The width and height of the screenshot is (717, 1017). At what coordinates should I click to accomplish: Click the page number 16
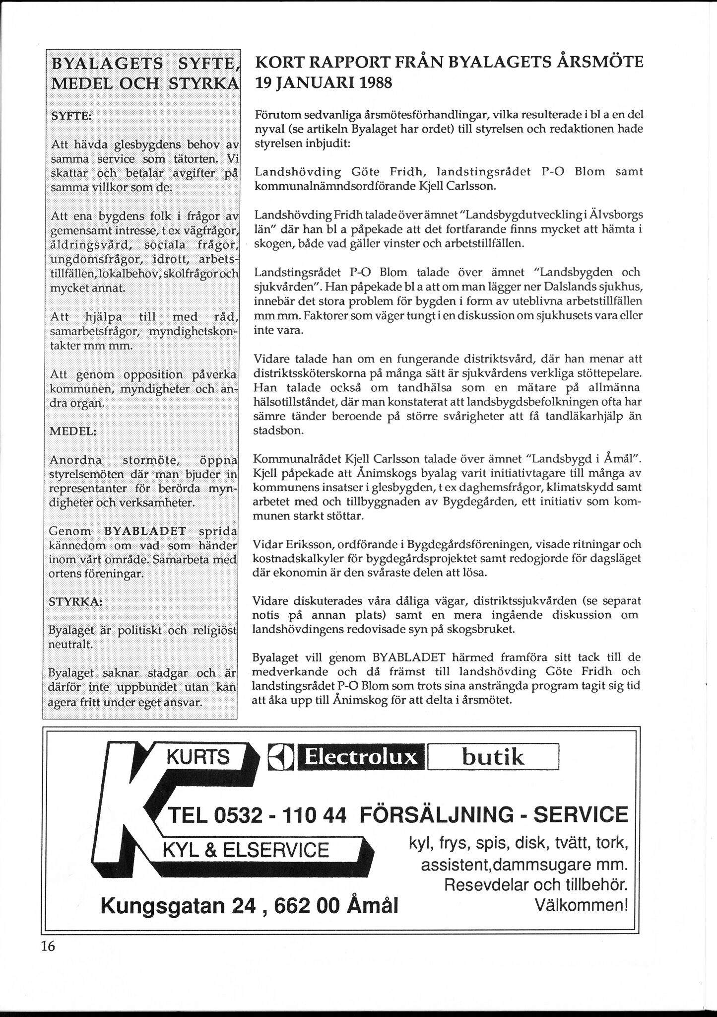click(48, 946)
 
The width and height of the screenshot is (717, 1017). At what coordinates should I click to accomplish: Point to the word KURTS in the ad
click(198, 757)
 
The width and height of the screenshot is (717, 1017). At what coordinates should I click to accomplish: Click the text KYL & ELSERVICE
click(246, 850)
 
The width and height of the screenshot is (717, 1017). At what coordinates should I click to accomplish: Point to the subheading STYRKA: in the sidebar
click(75, 601)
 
